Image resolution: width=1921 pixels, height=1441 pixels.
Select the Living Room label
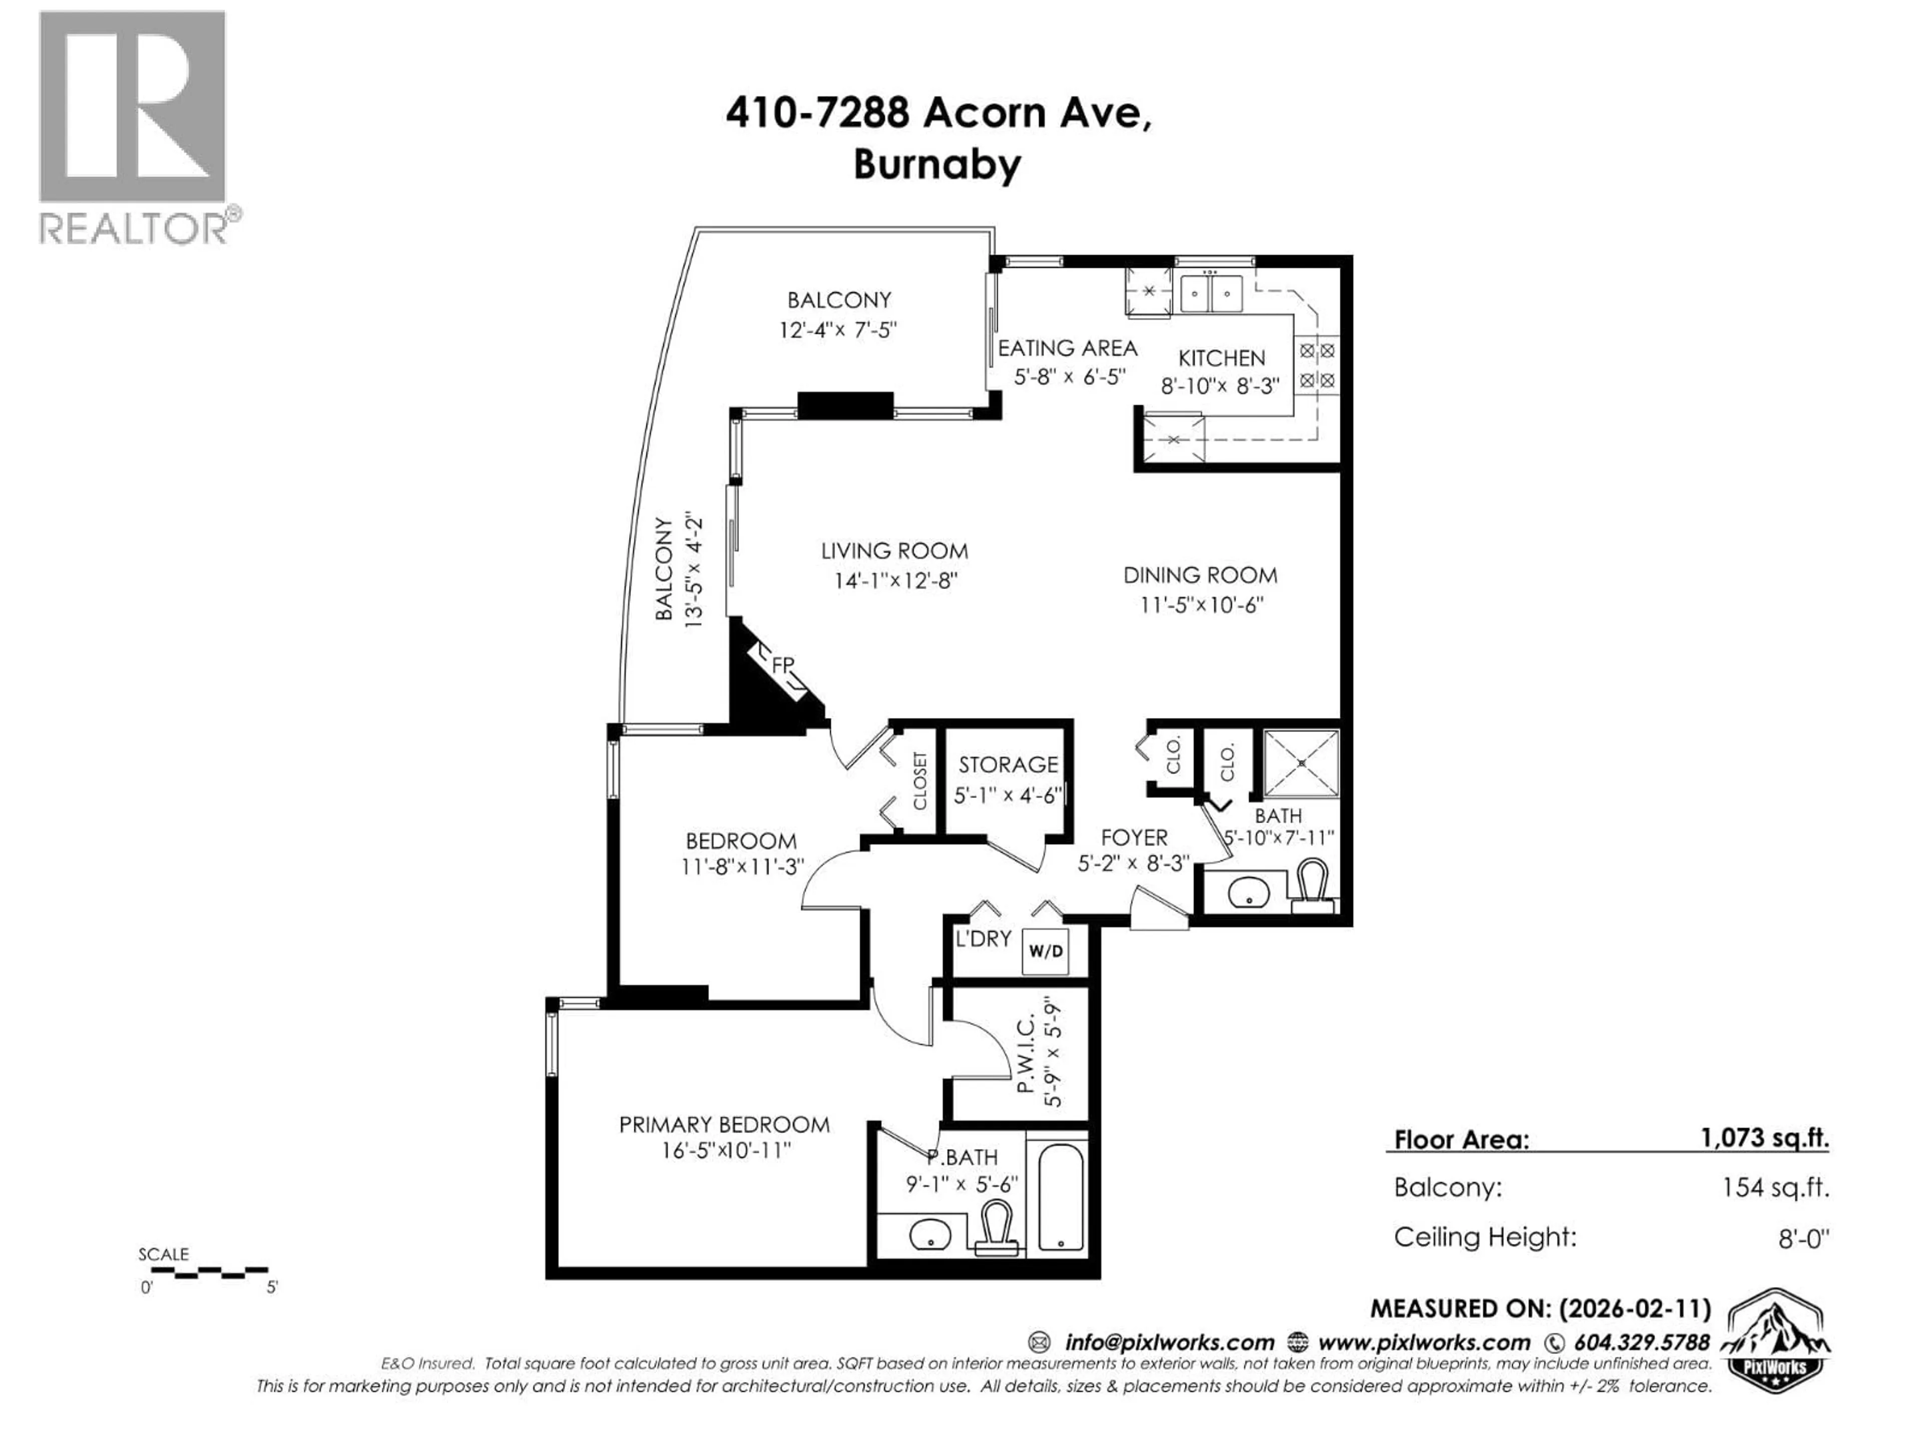tap(894, 551)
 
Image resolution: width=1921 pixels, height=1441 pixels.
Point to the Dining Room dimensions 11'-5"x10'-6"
tap(1201, 604)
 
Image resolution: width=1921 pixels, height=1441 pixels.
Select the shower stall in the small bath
tap(1301, 763)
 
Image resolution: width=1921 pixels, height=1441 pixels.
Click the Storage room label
tap(1008, 765)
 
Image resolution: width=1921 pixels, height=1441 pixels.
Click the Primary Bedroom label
tap(724, 1125)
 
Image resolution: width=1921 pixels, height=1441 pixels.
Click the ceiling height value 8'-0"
tap(1803, 1238)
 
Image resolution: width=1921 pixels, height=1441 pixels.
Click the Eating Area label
tap(1068, 348)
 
